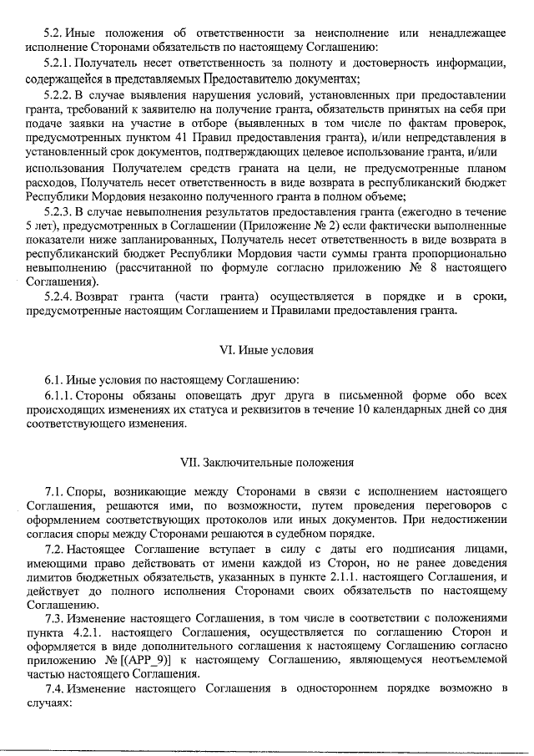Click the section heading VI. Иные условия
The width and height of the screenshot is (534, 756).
(x=267, y=351)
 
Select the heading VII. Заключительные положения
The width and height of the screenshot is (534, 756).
(x=267, y=462)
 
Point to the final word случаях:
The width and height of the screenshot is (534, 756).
(x=51, y=702)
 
